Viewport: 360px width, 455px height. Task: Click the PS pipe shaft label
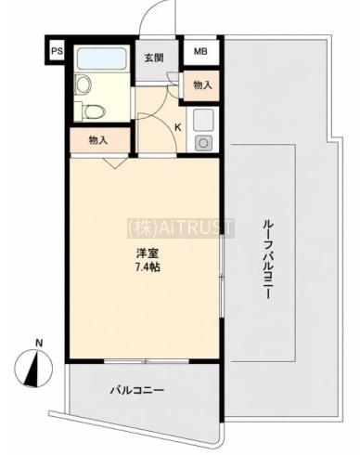(x=57, y=51)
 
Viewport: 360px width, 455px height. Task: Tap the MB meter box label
(x=200, y=51)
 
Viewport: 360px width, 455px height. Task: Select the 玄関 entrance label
(x=154, y=58)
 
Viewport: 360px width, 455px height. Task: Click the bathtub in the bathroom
(x=103, y=58)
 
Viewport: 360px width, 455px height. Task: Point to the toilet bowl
(x=93, y=111)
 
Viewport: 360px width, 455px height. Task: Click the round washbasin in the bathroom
(x=83, y=84)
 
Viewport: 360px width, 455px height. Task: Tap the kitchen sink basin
(x=203, y=120)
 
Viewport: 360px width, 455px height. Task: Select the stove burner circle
(x=203, y=143)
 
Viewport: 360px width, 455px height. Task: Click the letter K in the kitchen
(x=178, y=127)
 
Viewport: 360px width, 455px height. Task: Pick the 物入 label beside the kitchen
(x=202, y=85)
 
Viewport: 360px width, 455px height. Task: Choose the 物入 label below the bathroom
(x=98, y=140)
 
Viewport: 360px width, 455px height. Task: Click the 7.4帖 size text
(x=148, y=266)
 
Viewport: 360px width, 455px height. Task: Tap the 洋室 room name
(x=148, y=253)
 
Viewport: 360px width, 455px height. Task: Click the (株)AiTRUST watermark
(x=181, y=228)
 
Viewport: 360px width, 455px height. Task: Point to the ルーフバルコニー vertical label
(x=266, y=259)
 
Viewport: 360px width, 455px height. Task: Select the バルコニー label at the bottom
(x=137, y=390)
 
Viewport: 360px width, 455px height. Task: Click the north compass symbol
(x=33, y=369)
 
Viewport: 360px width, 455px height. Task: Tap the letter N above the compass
(x=39, y=343)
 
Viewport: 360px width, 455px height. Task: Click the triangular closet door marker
(x=115, y=163)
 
